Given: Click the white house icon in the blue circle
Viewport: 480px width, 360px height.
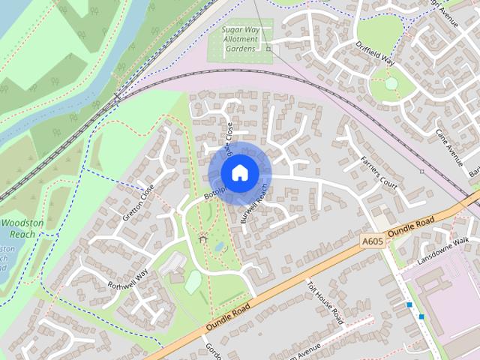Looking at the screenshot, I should coord(239,172).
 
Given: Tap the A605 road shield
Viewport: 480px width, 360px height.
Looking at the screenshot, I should coord(372,241).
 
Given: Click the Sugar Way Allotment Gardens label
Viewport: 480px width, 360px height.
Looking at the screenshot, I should coord(239,38).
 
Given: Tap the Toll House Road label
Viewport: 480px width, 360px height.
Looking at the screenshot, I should coord(325,298).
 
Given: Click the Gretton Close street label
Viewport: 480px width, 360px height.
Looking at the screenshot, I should coord(138,202).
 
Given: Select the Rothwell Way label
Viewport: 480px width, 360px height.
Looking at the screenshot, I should coord(127,280).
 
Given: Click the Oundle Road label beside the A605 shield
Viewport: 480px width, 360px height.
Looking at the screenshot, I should coord(412,226).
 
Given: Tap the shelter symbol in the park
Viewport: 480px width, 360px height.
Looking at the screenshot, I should coord(202,238).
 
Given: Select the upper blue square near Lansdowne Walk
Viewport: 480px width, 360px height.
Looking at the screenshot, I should coord(409,304).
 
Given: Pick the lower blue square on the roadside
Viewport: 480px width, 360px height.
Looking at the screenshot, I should coord(421,316).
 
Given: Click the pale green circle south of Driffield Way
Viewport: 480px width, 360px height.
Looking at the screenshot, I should coord(391,85).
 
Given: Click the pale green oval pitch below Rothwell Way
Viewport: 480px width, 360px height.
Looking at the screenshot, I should coord(193,281).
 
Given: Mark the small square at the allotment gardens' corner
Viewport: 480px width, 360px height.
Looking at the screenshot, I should coord(268,48).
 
